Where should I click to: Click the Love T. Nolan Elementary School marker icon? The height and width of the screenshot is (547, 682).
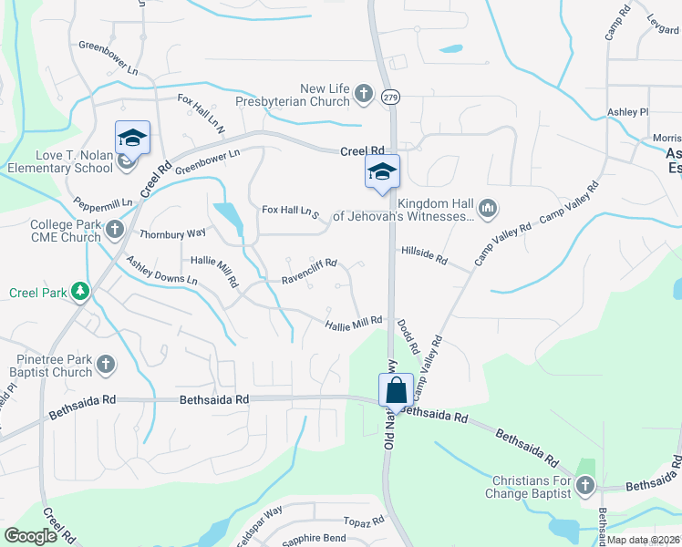(132, 139)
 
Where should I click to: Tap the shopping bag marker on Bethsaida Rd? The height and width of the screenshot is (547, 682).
(397, 390)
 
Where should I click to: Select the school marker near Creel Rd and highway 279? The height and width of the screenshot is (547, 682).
(383, 171)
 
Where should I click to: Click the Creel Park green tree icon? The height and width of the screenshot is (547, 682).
(82, 292)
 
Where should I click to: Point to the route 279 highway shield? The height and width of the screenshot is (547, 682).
(390, 97)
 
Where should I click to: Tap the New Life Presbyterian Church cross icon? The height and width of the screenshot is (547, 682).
(363, 93)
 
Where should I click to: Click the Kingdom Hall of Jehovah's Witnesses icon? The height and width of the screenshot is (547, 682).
(488, 210)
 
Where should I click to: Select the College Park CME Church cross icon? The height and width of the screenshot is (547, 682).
(115, 229)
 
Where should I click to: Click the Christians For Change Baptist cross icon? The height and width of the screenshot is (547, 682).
(584, 486)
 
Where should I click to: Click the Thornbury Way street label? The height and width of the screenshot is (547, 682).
(172, 233)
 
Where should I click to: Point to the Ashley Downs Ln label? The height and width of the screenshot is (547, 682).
(161, 271)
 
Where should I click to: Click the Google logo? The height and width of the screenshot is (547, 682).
(30, 536)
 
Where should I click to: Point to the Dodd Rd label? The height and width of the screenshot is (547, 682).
(408, 336)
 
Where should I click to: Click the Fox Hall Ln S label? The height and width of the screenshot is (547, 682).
(290, 211)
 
